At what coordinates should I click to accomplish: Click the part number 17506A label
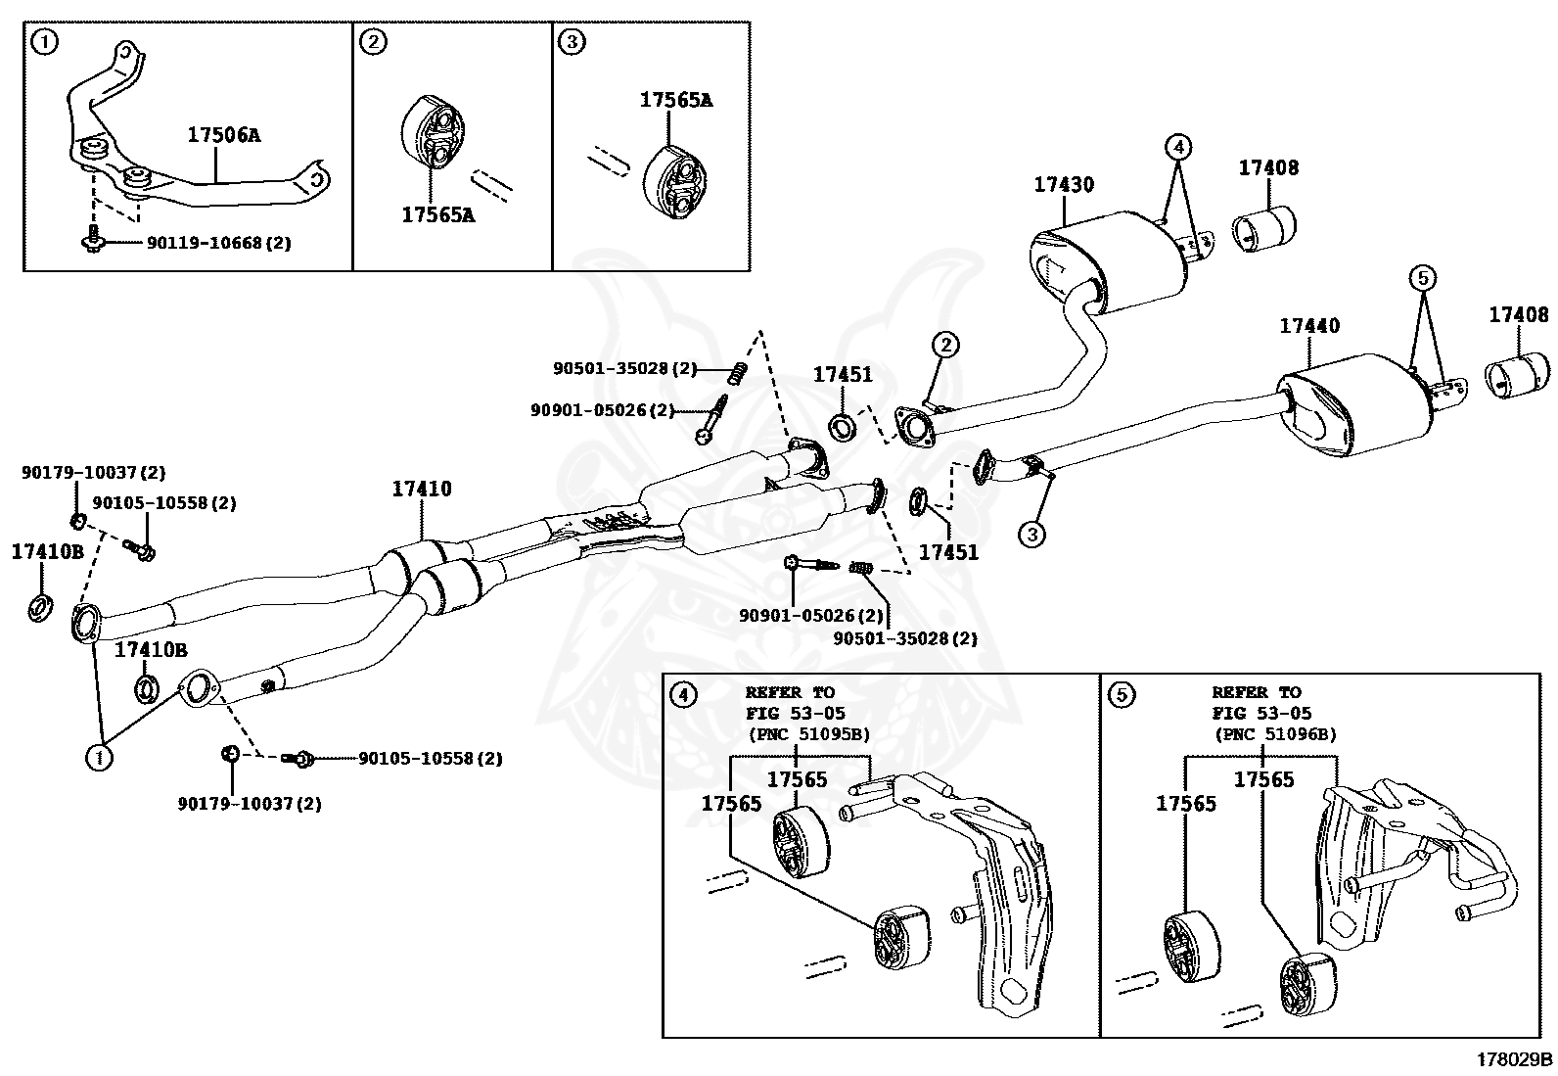pos(224,136)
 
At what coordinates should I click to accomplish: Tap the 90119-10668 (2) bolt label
pos(218,242)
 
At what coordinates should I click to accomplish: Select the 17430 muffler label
pos(1064,184)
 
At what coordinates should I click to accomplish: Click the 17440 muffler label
pos(1309,326)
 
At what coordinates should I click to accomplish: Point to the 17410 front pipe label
pos(422,489)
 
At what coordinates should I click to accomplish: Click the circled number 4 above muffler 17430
pos(1178,148)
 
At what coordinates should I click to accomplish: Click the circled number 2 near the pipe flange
pos(944,345)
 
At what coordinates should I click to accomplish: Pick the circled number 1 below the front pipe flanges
pos(97,756)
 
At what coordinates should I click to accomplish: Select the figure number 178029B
pos(1514,1058)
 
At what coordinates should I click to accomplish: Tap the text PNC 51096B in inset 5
pos(1275,734)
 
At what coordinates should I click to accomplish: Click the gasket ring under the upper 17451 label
pos(843,427)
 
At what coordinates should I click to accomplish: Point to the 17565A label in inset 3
pos(676,99)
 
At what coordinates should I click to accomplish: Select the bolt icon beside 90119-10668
pos(93,239)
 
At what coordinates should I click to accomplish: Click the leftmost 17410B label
pos(47,551)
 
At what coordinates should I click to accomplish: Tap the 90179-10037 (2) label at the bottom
pos(250,804)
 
